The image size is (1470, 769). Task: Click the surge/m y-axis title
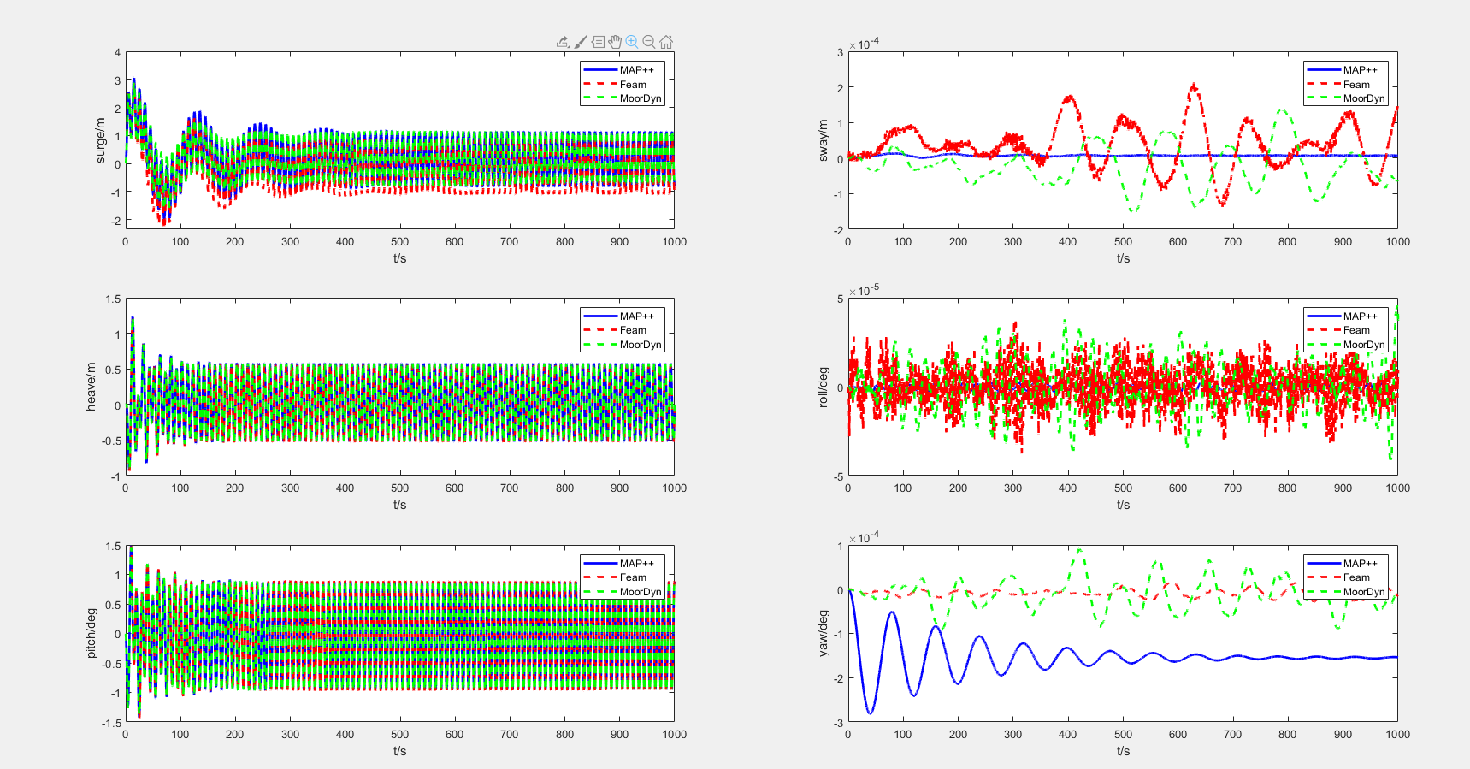[100, 140]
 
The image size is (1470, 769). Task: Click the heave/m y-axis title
[91, 387]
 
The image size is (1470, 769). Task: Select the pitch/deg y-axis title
[91, 633]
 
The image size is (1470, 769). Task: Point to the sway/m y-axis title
[823, 140]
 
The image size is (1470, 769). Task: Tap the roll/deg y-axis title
[823, 387]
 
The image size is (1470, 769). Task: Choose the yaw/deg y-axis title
[823, 633]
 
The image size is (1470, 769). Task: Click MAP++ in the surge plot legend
[636, 70]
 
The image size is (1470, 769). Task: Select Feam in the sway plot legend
[1355, 85]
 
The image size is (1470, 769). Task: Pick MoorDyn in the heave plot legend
[641, 345]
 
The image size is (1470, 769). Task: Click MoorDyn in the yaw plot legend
[1363, 592]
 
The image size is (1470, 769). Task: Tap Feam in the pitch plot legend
[633, 577]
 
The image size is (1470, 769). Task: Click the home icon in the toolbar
[666, 42]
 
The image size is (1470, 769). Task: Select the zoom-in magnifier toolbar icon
[632, 42]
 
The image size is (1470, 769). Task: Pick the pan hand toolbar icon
[615, 42]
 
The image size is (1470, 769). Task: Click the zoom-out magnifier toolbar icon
[649, 42]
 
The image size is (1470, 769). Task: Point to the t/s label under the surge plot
[399, 258]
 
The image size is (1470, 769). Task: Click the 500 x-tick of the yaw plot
[1123, 734]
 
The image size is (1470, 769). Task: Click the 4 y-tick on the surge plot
[118, 53]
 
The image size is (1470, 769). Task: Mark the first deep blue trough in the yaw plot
[871, 712]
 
